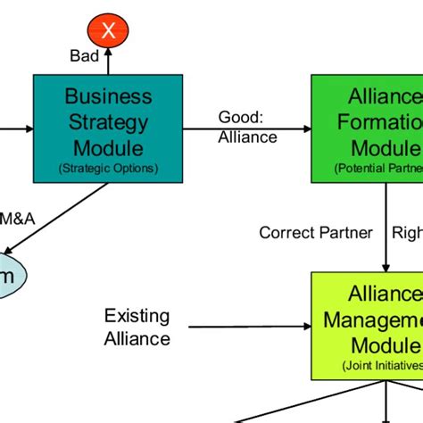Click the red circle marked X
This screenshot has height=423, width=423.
108,32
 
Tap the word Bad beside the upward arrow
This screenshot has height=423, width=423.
85,56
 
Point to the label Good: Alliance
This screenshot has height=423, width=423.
247,128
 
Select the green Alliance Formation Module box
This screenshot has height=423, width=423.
367,125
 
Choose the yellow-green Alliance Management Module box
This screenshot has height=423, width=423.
367,317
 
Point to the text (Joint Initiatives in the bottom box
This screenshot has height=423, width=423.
380,366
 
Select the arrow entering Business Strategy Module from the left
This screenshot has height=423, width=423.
16,129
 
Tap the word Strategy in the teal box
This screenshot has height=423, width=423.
108,121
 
